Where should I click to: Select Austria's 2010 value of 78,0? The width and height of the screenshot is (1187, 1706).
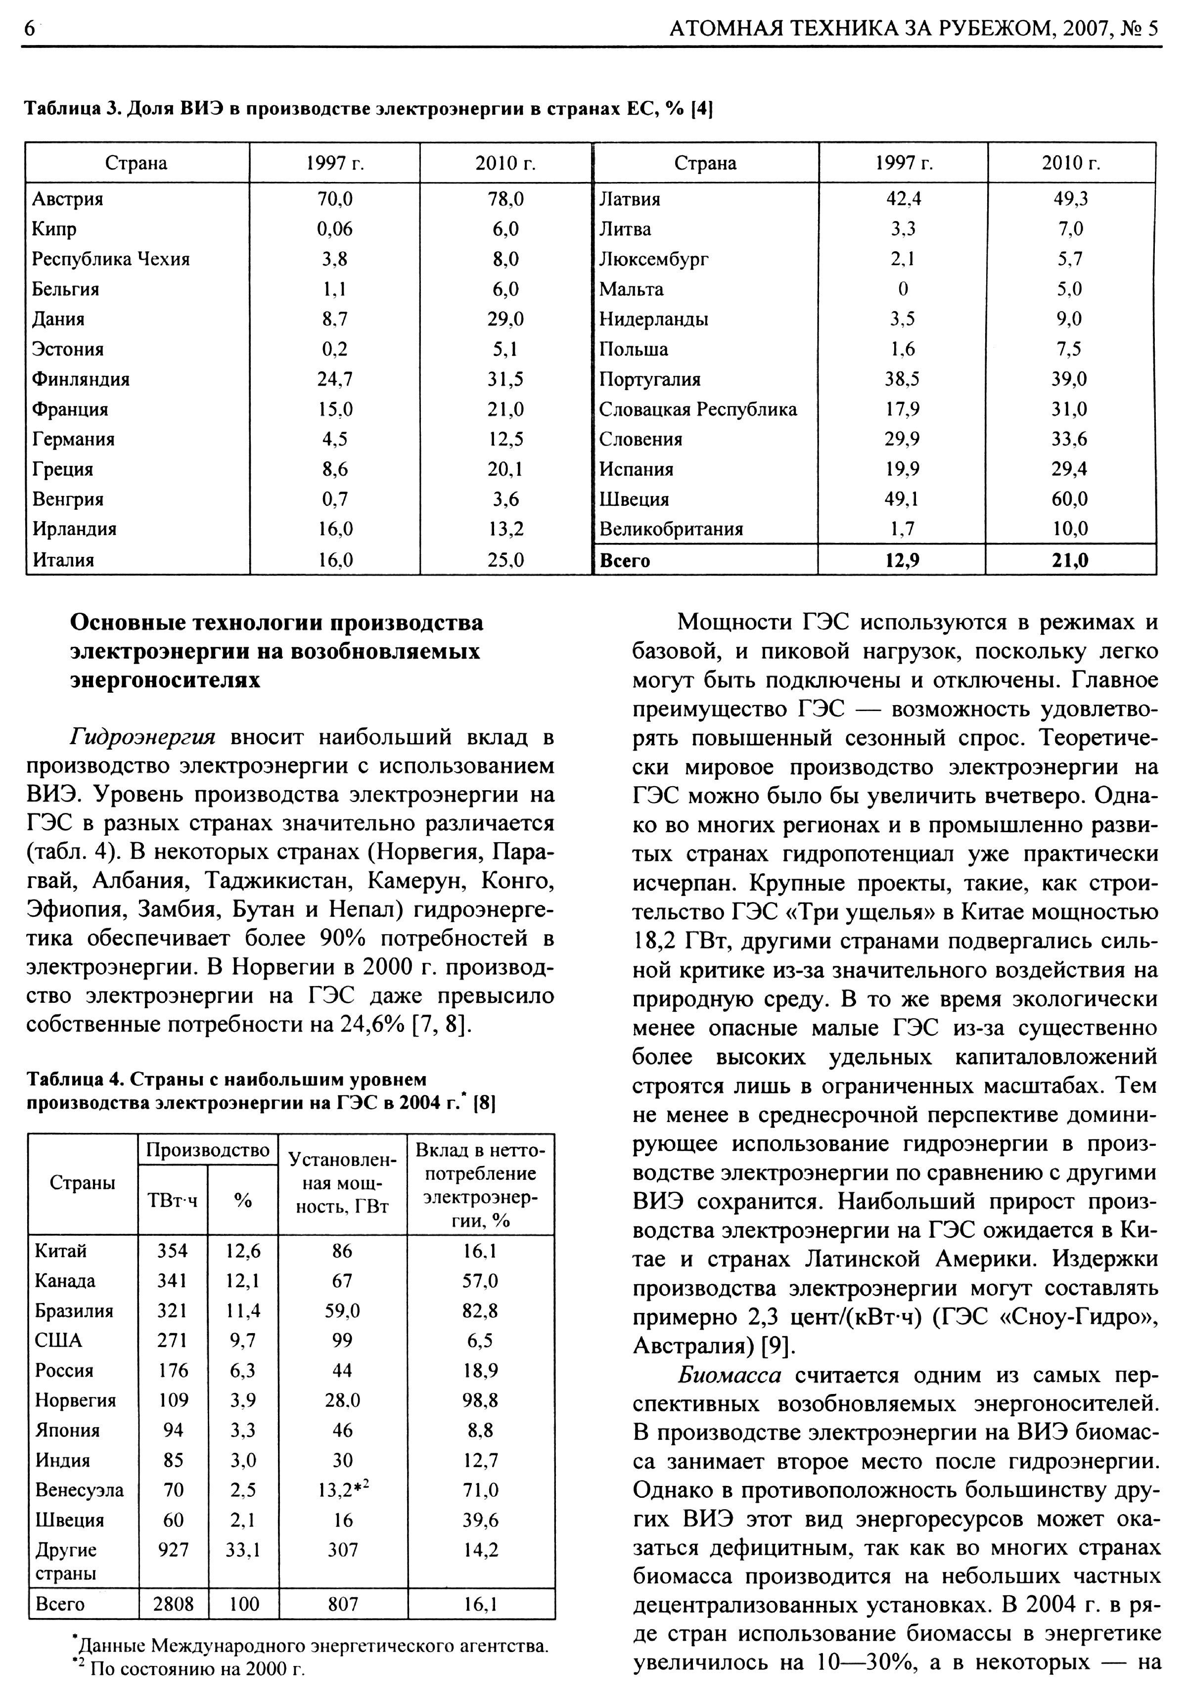[507, 199]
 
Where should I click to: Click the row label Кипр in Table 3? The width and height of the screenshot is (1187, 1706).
[54, 229]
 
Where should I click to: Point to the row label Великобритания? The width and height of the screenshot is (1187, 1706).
[671, 529]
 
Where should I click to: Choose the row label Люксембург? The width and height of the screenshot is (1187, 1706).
[653, 259]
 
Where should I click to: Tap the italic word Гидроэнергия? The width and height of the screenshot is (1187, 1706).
[142, 737]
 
